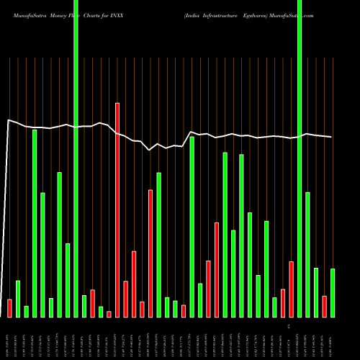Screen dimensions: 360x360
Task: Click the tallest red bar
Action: click(117, 209)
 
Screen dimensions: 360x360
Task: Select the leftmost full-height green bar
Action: click(76, 158)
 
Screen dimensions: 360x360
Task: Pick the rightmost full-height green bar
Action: click(300, 158)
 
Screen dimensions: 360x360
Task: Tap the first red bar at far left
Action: click(9, 308)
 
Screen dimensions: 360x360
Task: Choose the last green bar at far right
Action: click(333, 292)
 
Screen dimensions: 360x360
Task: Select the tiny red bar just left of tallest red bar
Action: click(109, 314)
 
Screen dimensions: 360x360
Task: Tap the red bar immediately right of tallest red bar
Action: click(125, 299)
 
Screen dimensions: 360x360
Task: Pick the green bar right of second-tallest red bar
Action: click(158, 245)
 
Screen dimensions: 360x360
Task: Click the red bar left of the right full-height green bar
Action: click(291, 289)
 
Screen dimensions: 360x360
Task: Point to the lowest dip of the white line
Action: click(149, 150)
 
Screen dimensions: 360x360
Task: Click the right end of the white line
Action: click(332, 137)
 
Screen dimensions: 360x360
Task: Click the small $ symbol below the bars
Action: click(288, 326)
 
